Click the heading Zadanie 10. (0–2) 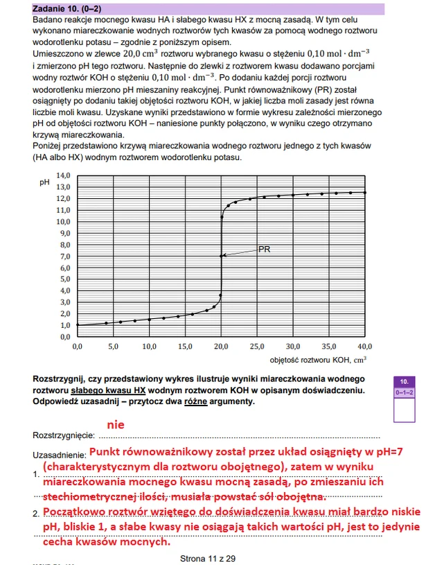click(x=71, y=9)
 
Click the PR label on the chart click(x=264, y=249)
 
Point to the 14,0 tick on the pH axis click(x=63, y=175)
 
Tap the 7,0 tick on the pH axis click(x=63, y=256)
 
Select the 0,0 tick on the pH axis click(x=63, y=336)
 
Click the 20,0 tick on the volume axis click(x=221, y=346)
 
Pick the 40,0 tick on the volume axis click(x=365, y=346)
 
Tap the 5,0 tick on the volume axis click(x=113, y=346)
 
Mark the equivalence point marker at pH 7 click(x=222, y=256)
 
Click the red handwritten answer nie click(x=116, y=424)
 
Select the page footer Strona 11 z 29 click(x=207, y=557)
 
